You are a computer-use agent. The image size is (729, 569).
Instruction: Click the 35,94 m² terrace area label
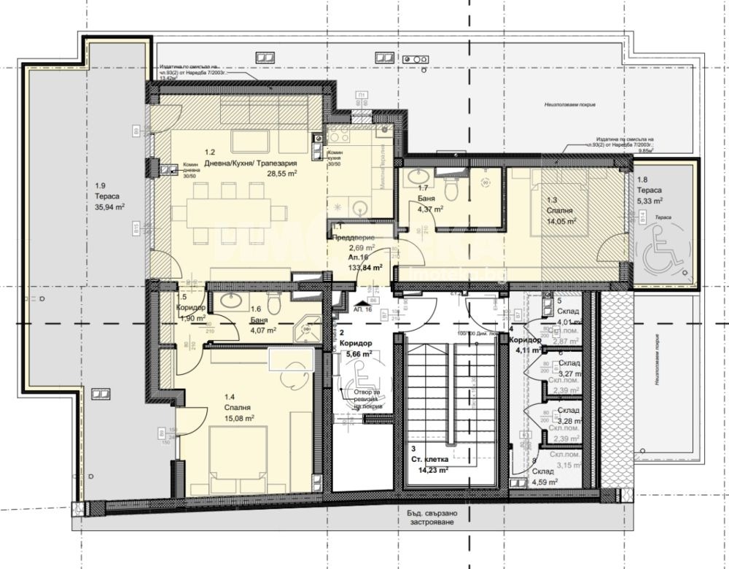(106, 207)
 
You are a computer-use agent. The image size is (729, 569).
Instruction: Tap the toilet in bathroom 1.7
(452, 189)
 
